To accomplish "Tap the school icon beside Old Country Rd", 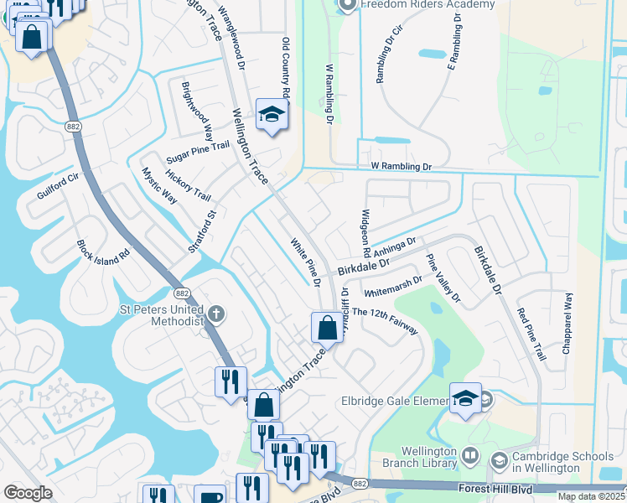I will point(272,115).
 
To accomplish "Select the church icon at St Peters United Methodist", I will point(216,314).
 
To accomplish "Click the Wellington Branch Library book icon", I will point(469,456).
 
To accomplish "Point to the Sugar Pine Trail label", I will point(198,150).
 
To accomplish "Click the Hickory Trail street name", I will point(188,184).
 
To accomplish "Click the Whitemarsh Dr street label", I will point(393,285).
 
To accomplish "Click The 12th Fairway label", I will point(385,321).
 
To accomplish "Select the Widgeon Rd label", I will point(365,234).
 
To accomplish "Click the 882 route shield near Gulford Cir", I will point(74,126).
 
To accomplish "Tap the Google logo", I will point(28,493).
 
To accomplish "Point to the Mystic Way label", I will point(159,185).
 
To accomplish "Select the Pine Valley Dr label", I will point(443,277).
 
